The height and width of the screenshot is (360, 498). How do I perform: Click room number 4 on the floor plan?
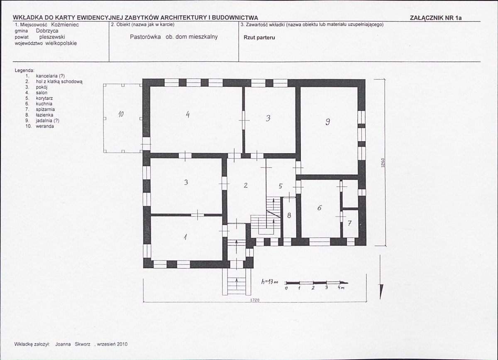188,115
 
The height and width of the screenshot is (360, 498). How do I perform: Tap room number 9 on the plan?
327,122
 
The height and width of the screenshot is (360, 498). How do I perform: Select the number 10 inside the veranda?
121,114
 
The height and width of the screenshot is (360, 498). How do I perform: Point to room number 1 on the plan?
185,237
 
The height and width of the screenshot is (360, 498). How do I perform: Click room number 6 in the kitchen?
320,208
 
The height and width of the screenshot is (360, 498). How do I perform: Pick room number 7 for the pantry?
349,223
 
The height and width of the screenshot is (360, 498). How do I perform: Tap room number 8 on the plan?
289,216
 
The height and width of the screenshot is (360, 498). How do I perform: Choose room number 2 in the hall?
246,185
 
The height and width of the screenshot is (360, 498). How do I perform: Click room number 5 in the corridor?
281,186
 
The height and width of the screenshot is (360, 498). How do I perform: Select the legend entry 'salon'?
41,93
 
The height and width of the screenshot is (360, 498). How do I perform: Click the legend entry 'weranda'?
45,126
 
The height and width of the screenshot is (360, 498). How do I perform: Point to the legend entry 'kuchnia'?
44,104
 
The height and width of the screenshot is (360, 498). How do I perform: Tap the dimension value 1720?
255,300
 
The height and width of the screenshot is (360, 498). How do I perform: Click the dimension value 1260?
383,164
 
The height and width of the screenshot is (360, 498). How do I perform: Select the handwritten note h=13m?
270,282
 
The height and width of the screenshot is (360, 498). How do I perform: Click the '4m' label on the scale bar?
341,287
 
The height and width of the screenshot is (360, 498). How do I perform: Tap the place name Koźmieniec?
65,24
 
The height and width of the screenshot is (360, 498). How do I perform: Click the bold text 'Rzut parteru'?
259,37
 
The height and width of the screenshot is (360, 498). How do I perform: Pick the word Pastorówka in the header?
145,37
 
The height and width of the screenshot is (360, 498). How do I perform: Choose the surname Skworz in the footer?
83,344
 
